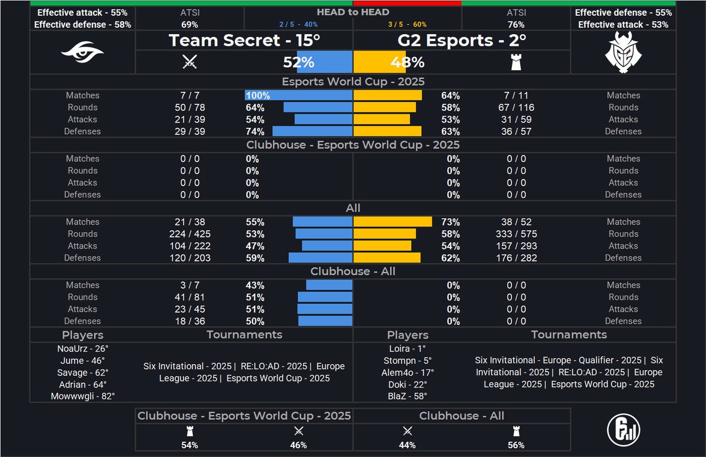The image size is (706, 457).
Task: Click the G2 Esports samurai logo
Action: (623, 52)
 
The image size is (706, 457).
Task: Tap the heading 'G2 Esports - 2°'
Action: (462, 41)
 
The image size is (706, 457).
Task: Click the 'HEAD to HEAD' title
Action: (353, 12)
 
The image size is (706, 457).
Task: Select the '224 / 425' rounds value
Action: (190, 234)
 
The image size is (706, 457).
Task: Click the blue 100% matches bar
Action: (299, 95)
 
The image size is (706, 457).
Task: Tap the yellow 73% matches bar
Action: (392, 222)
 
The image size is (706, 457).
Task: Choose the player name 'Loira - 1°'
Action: (408, 348)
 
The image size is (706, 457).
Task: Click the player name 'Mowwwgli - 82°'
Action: (83, 396)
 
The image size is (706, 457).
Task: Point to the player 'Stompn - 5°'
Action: (408, 360)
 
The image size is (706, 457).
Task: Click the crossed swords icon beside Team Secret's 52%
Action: (189, 62)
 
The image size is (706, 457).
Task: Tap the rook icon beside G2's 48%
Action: (517, 62)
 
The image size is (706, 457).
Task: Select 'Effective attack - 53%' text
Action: (623, 25)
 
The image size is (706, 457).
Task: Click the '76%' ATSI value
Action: (516, 25)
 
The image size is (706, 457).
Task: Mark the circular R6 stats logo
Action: (623, 428)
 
